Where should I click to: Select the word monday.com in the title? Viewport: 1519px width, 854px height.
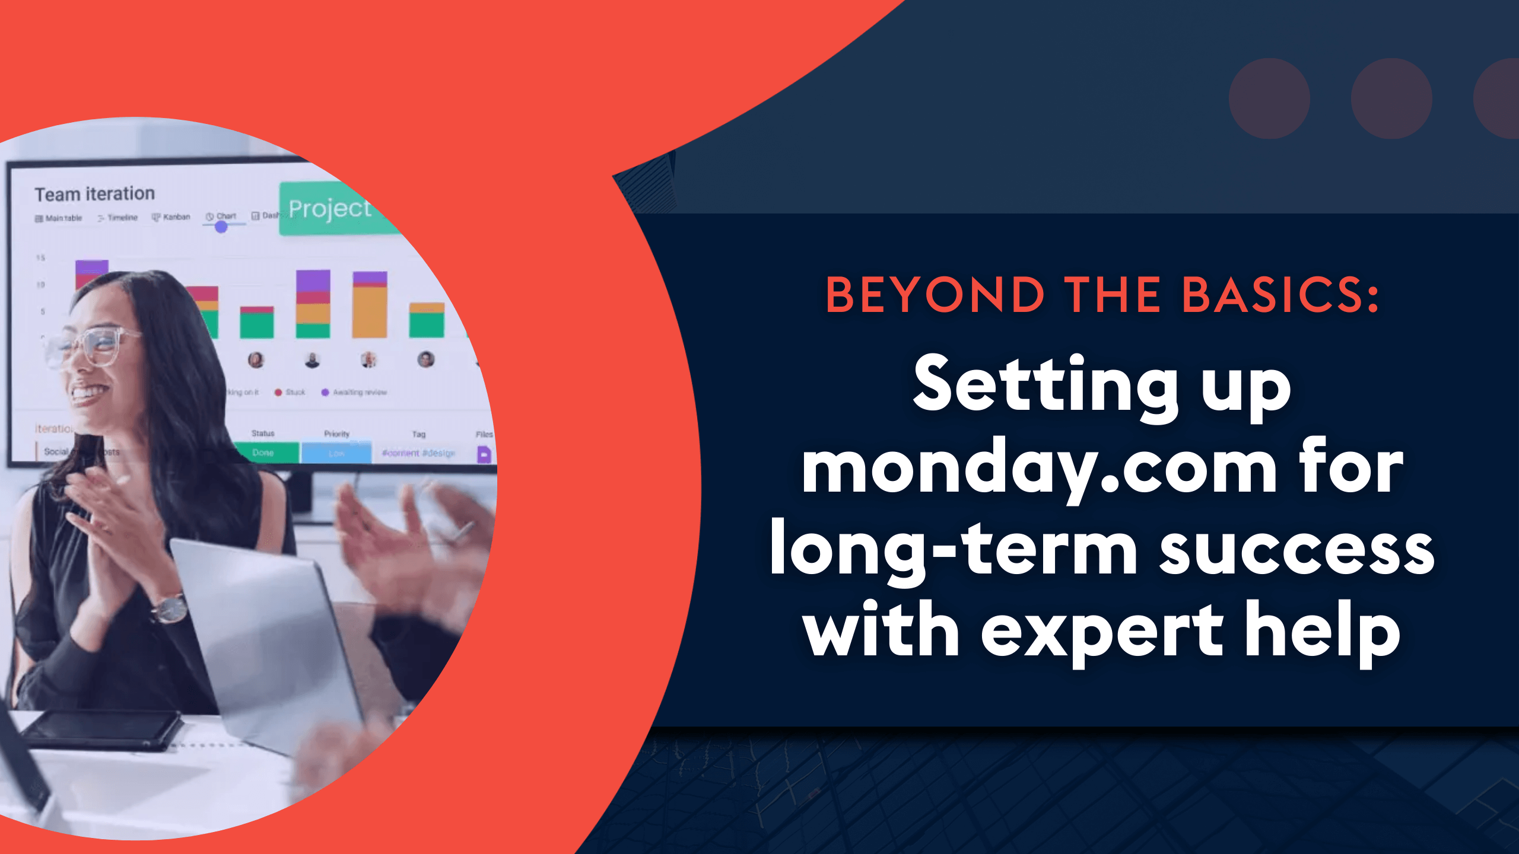tap(1039, 469)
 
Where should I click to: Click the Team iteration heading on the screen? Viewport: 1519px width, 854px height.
tap(95, 194)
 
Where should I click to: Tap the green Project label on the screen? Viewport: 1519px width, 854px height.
tap(330, 209)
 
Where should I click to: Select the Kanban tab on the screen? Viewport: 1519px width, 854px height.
tap(171, 217)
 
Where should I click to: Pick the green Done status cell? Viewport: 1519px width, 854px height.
tap(263, 453)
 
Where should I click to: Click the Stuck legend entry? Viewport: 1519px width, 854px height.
tap(290, 392)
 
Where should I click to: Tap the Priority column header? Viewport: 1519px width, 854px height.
tap(336, 434)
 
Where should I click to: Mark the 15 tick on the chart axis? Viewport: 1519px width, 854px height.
tap(40, 258)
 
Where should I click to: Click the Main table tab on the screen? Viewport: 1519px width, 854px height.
tap(59, 218)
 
